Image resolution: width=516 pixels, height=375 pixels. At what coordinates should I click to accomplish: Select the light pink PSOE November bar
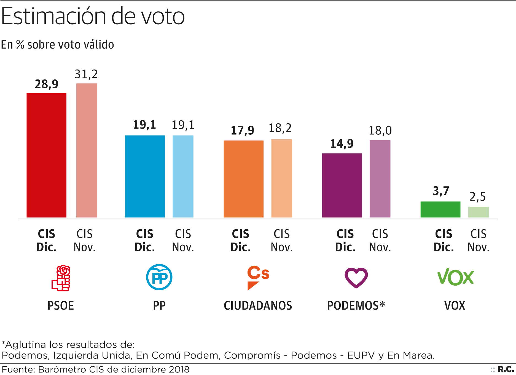click(87, 150)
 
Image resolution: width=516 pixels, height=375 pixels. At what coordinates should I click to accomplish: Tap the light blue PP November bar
click(183, 176)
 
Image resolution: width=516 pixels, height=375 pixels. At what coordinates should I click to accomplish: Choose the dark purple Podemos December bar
click(342, 185)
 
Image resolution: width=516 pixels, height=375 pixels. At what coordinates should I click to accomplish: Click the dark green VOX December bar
click(440, 209)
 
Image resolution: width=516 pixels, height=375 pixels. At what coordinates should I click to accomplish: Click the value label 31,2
click(86, 74)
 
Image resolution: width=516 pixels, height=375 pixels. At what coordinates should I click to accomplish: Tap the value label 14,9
click(342, 144)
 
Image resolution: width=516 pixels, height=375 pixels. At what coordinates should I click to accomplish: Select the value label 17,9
click(242, 131)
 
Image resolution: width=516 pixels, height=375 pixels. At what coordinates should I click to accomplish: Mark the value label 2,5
click(477, 197)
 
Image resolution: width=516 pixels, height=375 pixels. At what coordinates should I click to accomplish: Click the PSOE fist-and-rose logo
click(61, 278)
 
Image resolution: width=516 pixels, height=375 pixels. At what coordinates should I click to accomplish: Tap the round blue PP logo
click(159, 277)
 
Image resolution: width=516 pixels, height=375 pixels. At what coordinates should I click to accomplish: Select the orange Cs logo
click(258, 278)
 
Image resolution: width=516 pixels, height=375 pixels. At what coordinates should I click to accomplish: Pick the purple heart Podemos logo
click(356, 278)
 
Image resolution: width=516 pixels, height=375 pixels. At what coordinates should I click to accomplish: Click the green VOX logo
click(455, 277)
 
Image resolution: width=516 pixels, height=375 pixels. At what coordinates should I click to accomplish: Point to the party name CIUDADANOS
click(258, 306)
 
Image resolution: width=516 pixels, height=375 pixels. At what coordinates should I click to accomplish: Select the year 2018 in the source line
click(179, 369)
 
